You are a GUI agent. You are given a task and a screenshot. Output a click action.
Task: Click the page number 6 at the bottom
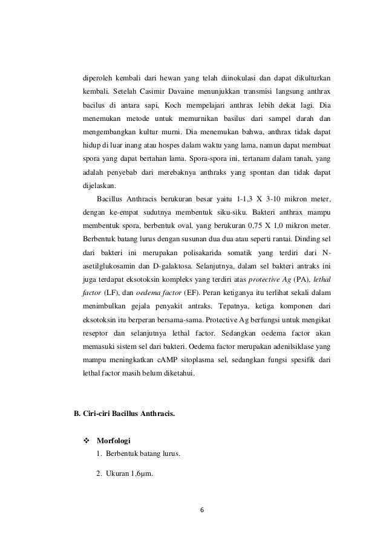(202, 509)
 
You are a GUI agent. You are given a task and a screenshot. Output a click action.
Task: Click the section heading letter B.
(77, 414)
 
